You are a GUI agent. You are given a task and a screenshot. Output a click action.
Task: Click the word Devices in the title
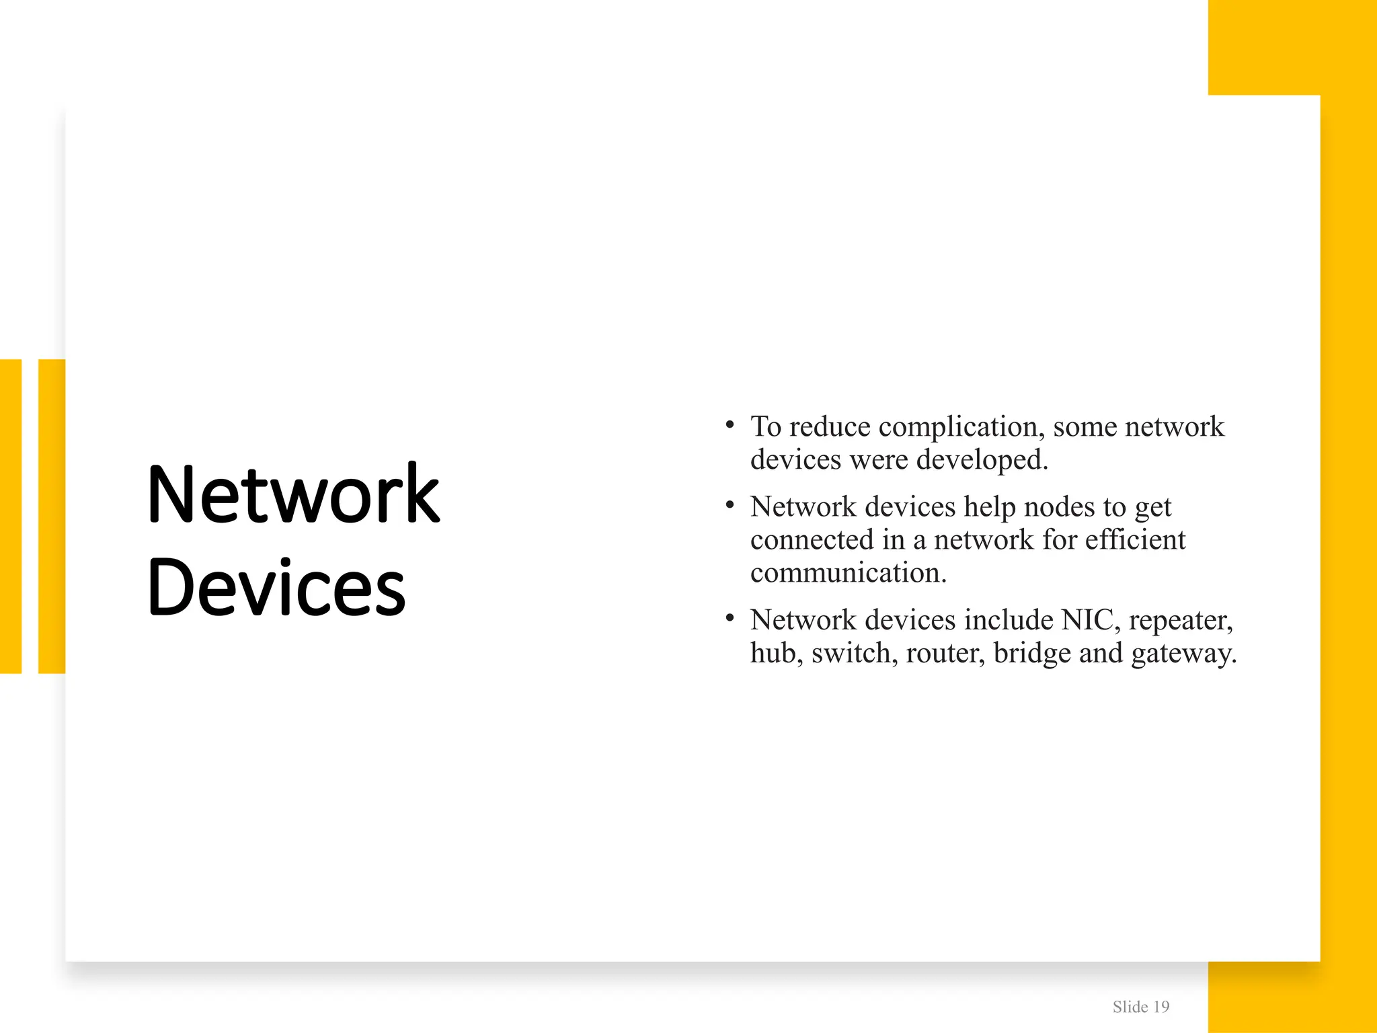tap(276, 587)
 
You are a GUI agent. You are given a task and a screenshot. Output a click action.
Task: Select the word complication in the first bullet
tap(961, 427)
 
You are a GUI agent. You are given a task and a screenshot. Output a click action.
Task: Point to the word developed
tap(982, 460)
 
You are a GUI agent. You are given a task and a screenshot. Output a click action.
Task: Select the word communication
tap(849, 573)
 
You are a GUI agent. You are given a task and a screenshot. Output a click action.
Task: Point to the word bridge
tap(1032, 654)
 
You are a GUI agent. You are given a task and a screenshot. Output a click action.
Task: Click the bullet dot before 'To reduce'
tap(730, 425)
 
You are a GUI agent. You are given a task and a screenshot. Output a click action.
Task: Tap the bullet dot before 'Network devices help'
tap(730, 505)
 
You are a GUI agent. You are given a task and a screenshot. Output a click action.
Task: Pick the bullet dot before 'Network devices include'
tap(730, 619)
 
